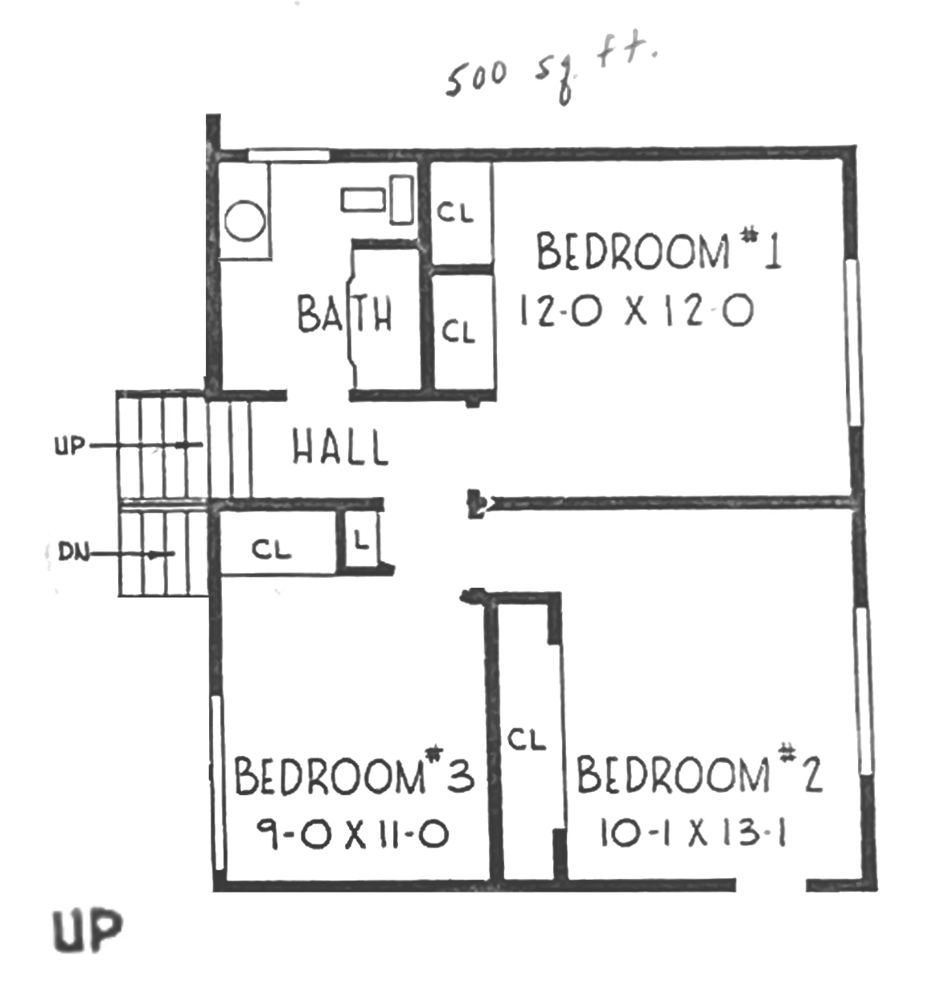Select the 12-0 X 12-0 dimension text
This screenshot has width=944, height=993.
636,310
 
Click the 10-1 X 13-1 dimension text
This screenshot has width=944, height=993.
693,833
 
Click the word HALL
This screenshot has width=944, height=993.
340,447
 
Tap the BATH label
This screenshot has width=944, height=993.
344,314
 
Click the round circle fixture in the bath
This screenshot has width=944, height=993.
244,221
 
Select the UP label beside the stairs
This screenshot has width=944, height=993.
70,446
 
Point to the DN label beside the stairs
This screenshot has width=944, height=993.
73,552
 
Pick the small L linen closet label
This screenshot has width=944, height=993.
360,541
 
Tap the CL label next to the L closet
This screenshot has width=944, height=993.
272,549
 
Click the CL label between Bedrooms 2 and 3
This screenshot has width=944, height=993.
527,739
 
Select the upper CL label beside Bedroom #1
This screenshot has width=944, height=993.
455,211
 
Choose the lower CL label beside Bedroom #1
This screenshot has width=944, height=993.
458,331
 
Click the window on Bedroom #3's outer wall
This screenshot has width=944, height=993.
217,783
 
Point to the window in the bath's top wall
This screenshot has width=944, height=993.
289,155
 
